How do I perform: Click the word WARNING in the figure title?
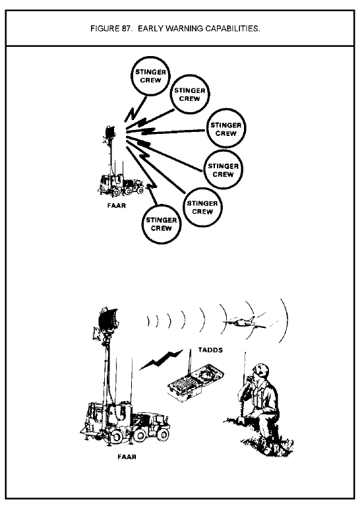coord(185,29)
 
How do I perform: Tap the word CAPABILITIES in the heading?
coord(233,29)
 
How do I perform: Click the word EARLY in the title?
coord(150,29)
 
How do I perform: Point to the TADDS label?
coord(210,350)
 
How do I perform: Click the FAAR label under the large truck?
coord(127,457)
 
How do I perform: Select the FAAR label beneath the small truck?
coord(117,205)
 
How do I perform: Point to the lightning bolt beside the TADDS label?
coord(162,360)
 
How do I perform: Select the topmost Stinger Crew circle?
coord(150,76)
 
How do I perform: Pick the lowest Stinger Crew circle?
coord(162,224)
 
